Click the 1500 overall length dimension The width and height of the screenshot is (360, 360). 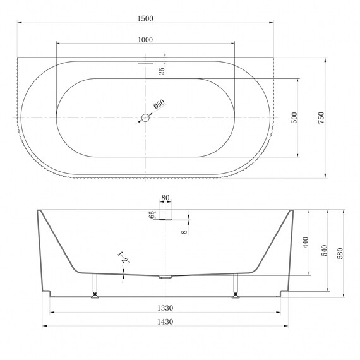[x=145, y=18]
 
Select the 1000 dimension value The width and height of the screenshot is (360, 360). [x=145, y=40]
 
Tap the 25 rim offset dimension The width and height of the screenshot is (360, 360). [x=162, y=71]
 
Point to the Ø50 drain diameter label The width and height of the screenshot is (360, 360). [x=159, y=104]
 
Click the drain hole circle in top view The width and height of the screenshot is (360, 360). [x=145, y=117]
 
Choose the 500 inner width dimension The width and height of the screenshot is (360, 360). [x=294, y=117]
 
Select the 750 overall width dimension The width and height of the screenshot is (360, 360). [x=321, y=117]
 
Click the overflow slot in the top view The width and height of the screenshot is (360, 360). [x=145, y=64]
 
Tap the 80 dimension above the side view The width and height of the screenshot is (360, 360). [x=165, y=198]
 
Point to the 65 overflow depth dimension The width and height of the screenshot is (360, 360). [x=152, y=215]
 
